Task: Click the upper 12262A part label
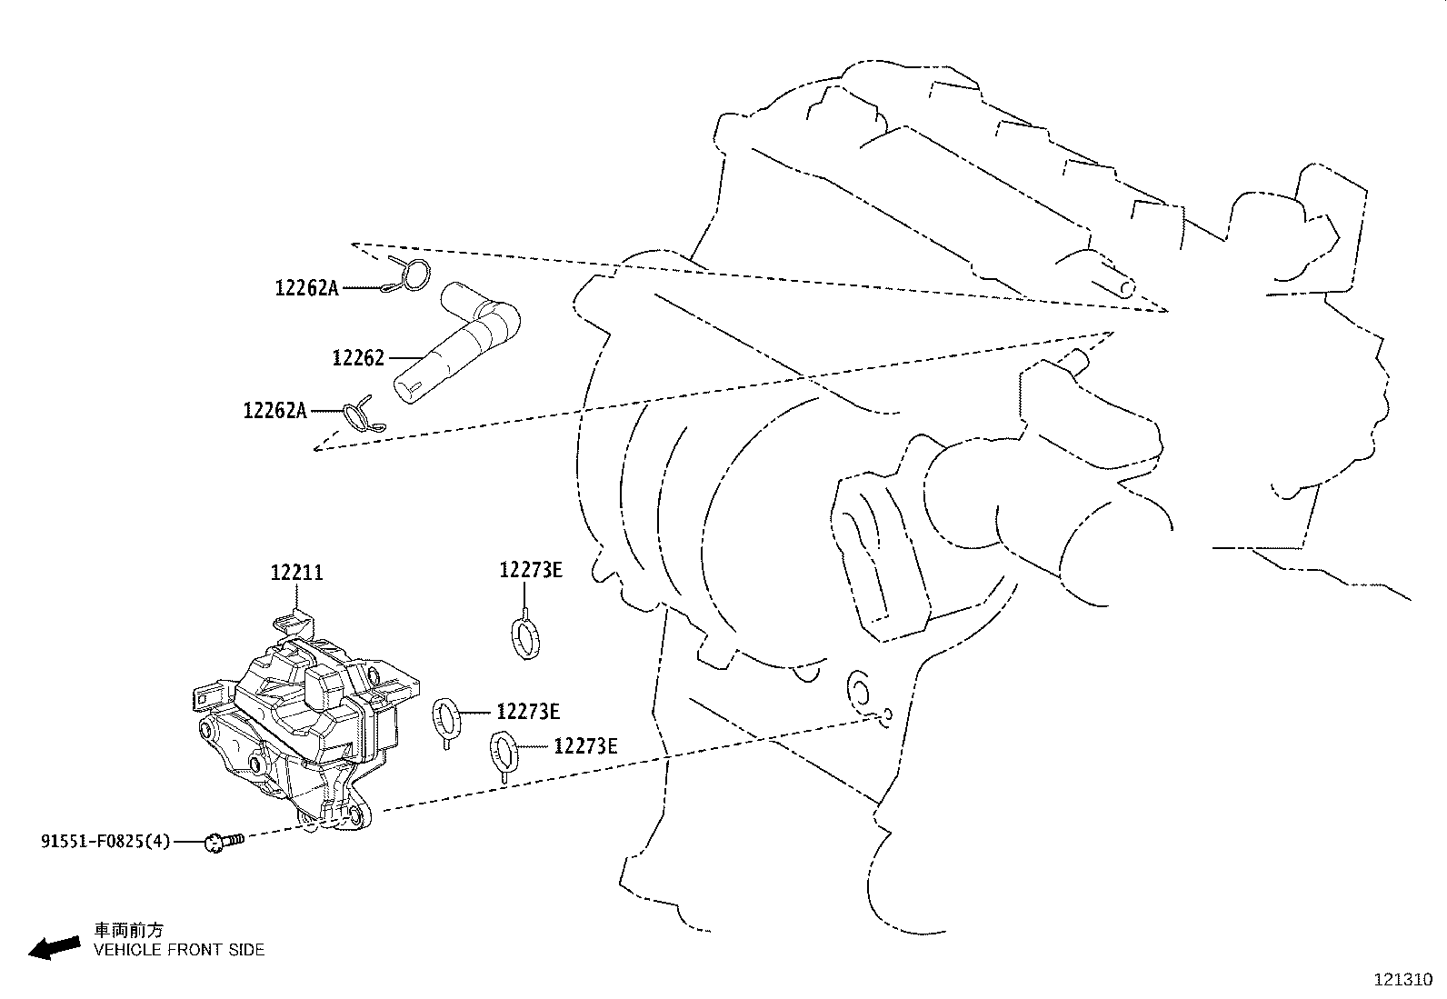[x=306, y=288]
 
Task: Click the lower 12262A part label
[x=275, y=411]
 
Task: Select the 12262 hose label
[x=358, y=358]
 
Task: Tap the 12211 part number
[x=296, y=574]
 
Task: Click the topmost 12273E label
[x=531, y=570]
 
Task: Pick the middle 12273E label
[x=528, y=712]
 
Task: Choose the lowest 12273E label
[x=586, y=746]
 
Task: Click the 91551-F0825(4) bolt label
[x=105, y=842]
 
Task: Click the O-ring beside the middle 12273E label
[x=445, y=715]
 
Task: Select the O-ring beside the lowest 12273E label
[x=504, y=751]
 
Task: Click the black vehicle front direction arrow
[x=54, y=948]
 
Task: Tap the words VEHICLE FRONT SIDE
[x=179, y=950]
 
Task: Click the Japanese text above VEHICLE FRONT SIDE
[x=130, y=930]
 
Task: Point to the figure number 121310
[x=1402, y=981]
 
